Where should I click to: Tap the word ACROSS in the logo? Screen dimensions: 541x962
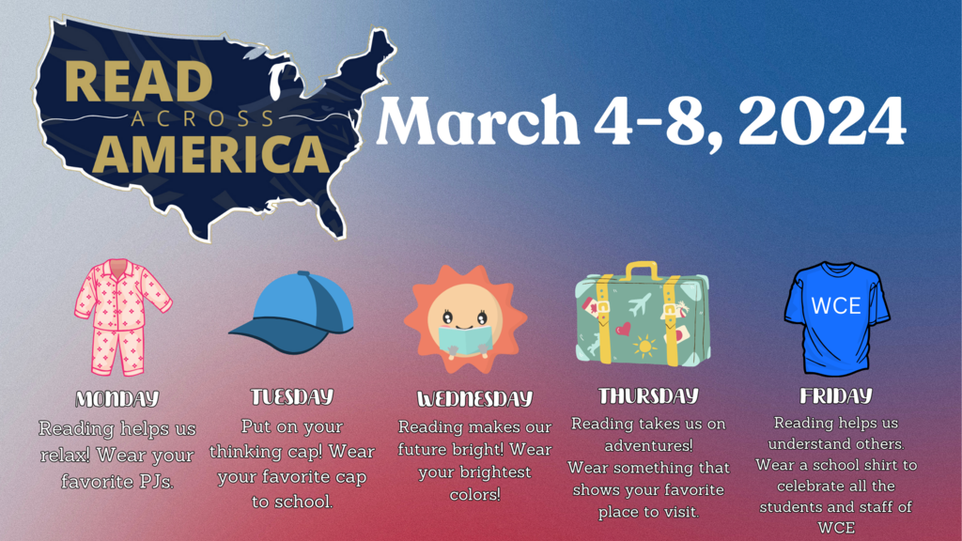[203, 119]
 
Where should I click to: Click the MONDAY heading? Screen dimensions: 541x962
[117, 399]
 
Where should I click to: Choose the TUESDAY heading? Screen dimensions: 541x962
[291, 396]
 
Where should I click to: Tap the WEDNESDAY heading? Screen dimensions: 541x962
[474, 399]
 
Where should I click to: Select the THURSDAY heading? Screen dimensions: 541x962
[648, 395]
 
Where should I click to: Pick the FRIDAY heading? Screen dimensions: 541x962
[835, 396]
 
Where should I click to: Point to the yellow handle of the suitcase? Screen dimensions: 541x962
[642, 270]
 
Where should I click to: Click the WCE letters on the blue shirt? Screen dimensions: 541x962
[835, 305]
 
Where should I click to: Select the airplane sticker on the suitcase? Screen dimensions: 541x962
[637, 304]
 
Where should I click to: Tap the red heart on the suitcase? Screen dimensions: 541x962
[623, 329]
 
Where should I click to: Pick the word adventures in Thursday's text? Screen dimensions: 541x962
[648, 445]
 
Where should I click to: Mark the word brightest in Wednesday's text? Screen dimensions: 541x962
[496, 471]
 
